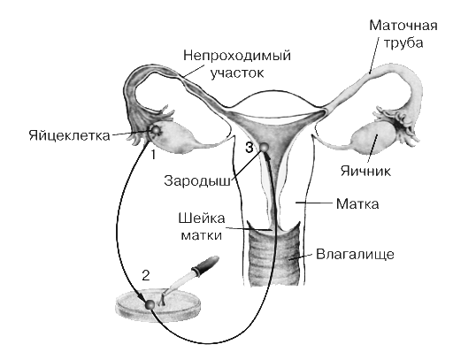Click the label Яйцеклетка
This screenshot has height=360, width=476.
coord(70,135)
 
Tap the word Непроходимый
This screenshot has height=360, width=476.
coord(237,56)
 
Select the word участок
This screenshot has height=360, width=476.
coord(237,73)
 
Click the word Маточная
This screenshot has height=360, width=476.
coord(403,25)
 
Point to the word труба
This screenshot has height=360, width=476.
coord(403,42)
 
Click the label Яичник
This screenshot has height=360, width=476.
coord(365,171)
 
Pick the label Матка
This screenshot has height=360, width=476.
coord(357,204)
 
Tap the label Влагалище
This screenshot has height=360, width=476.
coord(355,254)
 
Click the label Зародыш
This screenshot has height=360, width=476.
coord(197,181)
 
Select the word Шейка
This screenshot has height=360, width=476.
coord(202,218)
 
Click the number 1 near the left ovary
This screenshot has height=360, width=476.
coord(154,155)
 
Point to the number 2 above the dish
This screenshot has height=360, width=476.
coord(146,276)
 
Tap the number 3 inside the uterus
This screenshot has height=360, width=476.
coord(249,148)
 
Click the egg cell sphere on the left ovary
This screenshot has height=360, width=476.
coord(157,130)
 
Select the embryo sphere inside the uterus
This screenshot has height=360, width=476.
coord(264,147)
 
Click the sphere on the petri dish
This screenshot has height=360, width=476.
coord(150,304)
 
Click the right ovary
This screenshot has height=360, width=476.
coord(373,137)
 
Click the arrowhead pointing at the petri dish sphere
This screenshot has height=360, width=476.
coord(141,296)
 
